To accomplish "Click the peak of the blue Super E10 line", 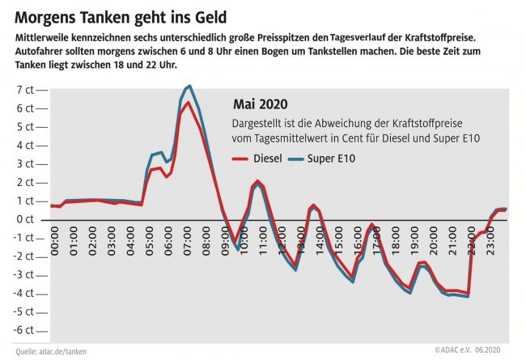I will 189,86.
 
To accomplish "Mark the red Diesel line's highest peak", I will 188,103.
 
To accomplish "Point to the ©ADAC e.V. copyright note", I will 452,351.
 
